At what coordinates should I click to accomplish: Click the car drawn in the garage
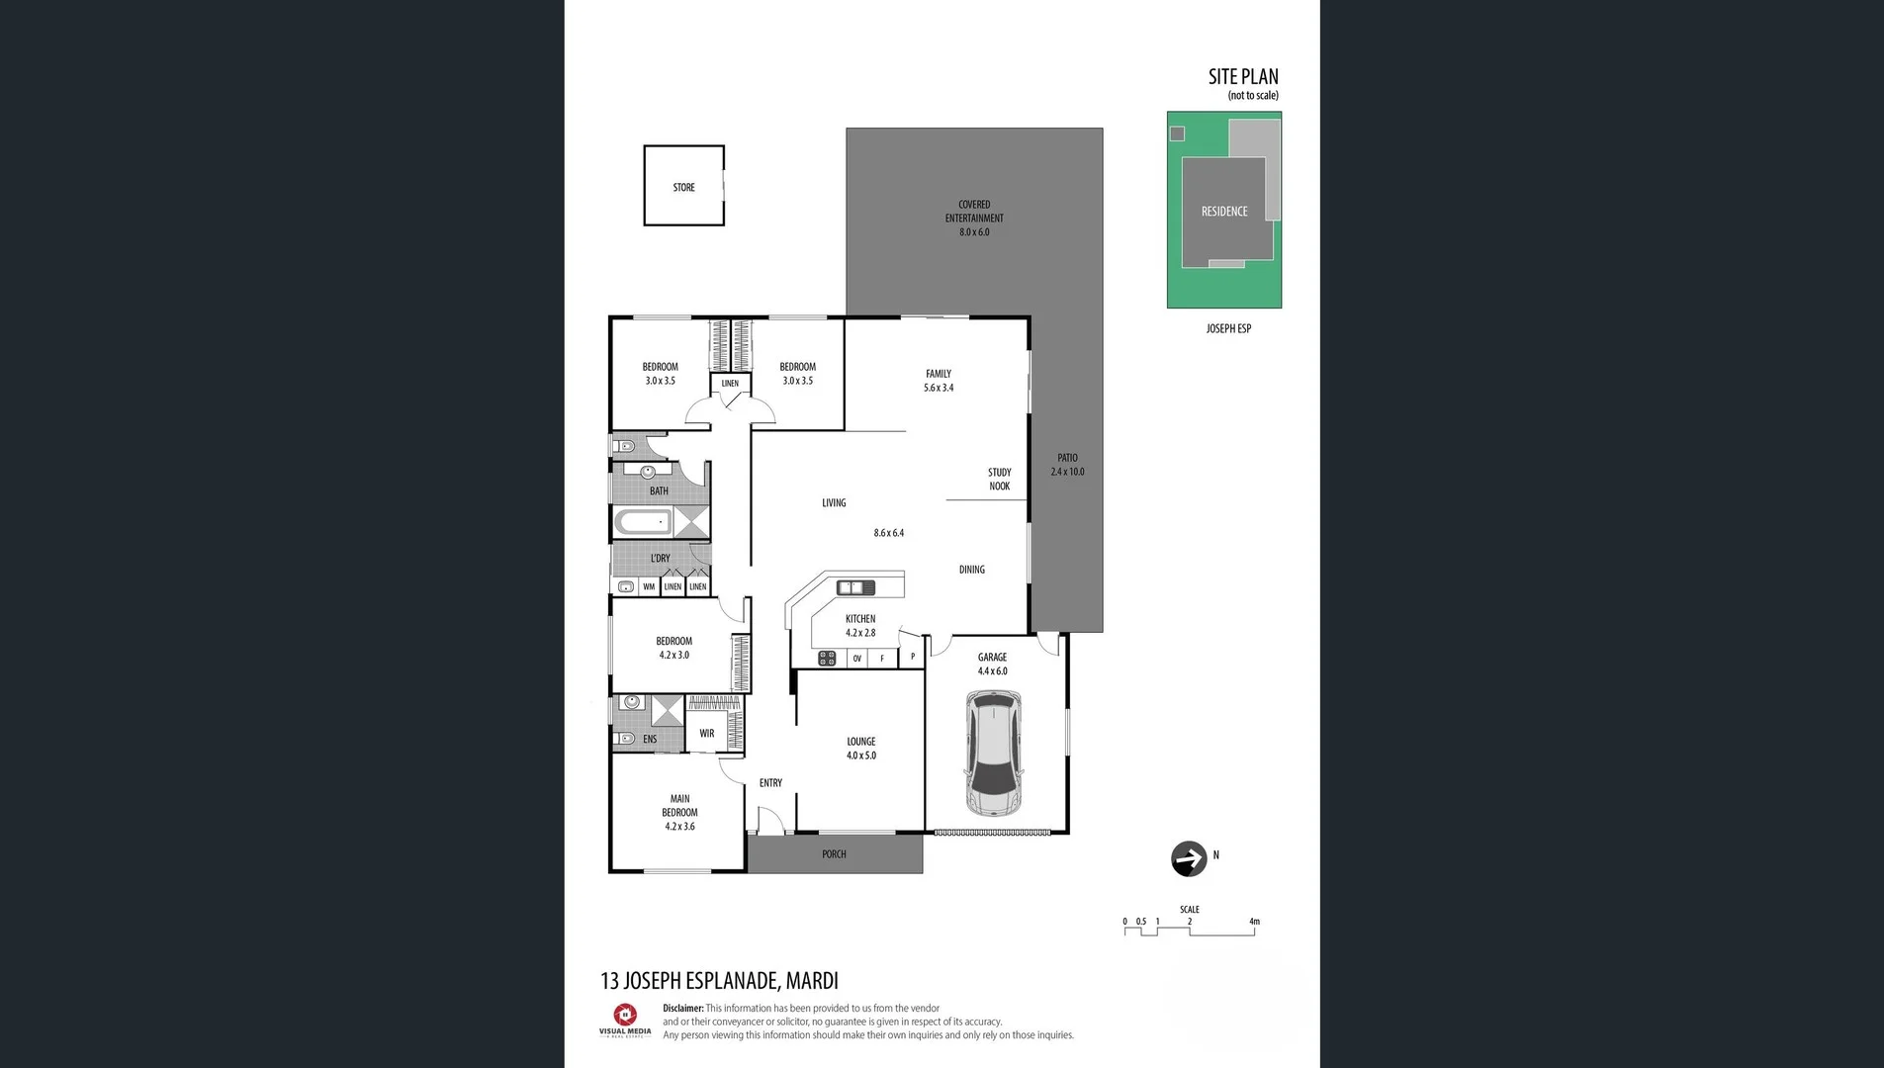click(x=993, y=755)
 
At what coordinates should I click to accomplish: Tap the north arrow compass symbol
click(x=1189, y=858)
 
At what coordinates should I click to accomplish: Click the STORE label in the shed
click(x=683, y=187)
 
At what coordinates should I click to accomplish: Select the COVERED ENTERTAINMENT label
click(x=974, y=218)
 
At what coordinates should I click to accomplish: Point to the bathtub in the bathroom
click(x=643, y=522)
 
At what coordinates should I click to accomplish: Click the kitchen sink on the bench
click(x=855, y=587)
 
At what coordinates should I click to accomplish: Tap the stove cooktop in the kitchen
click(x=827, y=659)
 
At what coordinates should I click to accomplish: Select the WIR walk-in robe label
click(x=706, y=734)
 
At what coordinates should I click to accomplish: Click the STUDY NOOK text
click(x=999, y=479)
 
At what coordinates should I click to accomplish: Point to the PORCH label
click(x=834, y=854)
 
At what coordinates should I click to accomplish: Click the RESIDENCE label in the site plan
click(x=1224, y=212)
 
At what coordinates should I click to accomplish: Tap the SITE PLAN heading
click(x=1242, y=77)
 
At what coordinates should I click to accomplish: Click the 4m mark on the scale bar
click(x=1254, y=922)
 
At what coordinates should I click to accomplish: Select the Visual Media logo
click(x=625, y=1020)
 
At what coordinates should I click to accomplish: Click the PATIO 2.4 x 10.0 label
click(x=1067, y=465)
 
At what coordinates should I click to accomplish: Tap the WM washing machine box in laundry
click(x=649, y=586)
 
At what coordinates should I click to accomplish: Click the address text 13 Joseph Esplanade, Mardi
click(x=719, y=981)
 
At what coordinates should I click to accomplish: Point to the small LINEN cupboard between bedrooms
click(x=730, y=383)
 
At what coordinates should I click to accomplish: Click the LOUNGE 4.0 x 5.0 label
click(x=860, y=748)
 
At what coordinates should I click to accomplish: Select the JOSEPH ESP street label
click(x=1228, y=328)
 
